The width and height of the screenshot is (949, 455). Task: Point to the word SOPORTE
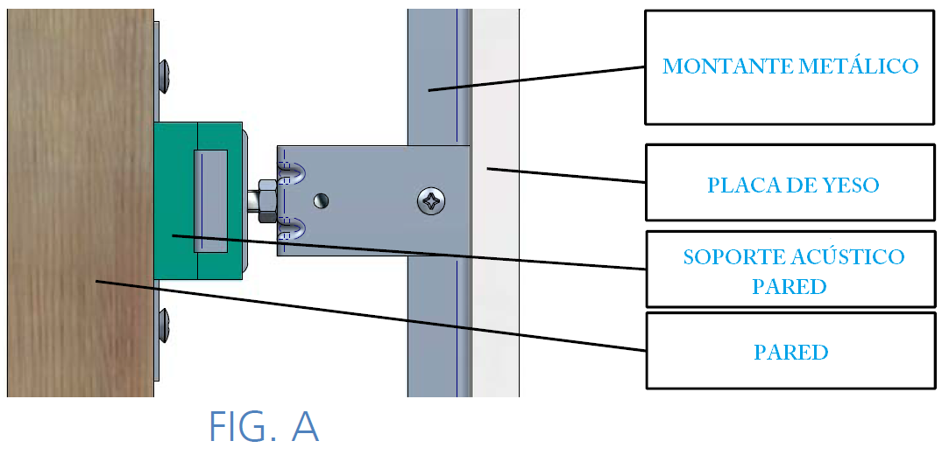(x=734, y=256)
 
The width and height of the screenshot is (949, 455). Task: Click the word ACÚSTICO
(x=848, y=256)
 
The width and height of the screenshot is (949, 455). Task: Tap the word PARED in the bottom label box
(x=790, y=352)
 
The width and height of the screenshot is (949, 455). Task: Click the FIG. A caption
(x=263, y=426)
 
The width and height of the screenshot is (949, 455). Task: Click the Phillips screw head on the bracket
(x=432, y=200)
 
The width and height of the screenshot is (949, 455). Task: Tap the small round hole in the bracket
(x=322, y=200)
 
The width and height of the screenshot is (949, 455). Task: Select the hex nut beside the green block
(x=267, y=200)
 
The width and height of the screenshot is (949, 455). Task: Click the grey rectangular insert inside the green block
(x=210, y=200)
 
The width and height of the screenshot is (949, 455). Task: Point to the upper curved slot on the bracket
(x=292, y=173)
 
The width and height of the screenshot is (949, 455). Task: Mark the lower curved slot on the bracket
(x=292, y=228)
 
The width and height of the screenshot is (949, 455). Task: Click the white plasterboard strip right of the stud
(x=495, y=202)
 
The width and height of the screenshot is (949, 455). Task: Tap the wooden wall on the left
(x=80, y=202)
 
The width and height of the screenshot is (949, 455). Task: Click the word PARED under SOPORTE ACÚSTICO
(x=790, y=286)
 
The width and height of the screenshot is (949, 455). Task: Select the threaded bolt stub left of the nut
(x=251, y=200)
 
